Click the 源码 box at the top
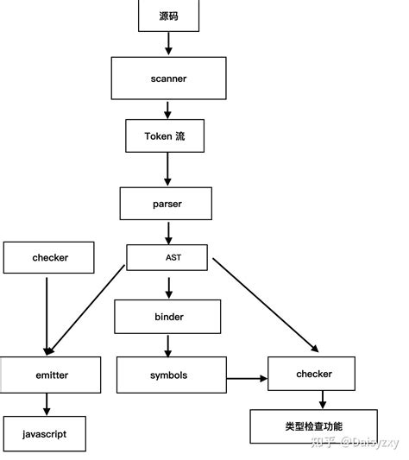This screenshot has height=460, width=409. click(168, 16)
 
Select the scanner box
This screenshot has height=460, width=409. click(168, 79)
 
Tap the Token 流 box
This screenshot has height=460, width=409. click(168, 136)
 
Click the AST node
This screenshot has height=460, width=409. click(167, 257)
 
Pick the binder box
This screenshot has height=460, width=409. click(168, 317)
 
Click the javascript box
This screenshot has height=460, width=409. click(46, 433)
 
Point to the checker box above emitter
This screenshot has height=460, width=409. click(49, 257)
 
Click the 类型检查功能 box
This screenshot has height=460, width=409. click(313, 426)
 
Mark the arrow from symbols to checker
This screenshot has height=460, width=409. click(248, 377)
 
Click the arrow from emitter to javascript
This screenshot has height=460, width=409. click(46, 404)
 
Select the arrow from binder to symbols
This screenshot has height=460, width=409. click(168, 345)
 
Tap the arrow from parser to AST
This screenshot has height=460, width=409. click(168, 231)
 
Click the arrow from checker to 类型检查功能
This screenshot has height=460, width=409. click(323, 399)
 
